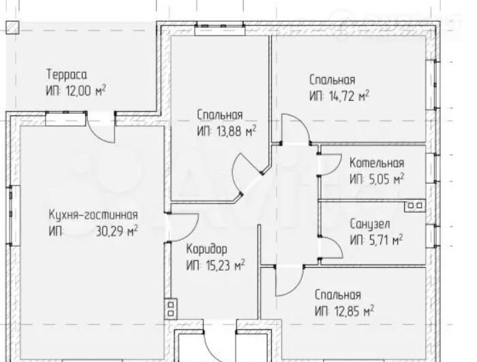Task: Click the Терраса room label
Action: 67,75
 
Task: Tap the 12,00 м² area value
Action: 86,91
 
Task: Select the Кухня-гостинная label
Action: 93,215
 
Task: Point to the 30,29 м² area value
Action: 117,231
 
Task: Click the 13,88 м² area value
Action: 236,132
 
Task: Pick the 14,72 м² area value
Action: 349,96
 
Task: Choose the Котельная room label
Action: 377,163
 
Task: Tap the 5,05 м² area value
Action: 386,179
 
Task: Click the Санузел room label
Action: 369,224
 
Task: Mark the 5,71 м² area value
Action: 386,241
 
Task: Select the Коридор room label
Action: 206,249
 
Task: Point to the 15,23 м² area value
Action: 226,266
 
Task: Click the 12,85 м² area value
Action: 354,311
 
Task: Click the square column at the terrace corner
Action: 13,28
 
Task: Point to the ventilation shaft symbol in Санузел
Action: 415,206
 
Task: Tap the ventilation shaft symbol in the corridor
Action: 170,309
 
